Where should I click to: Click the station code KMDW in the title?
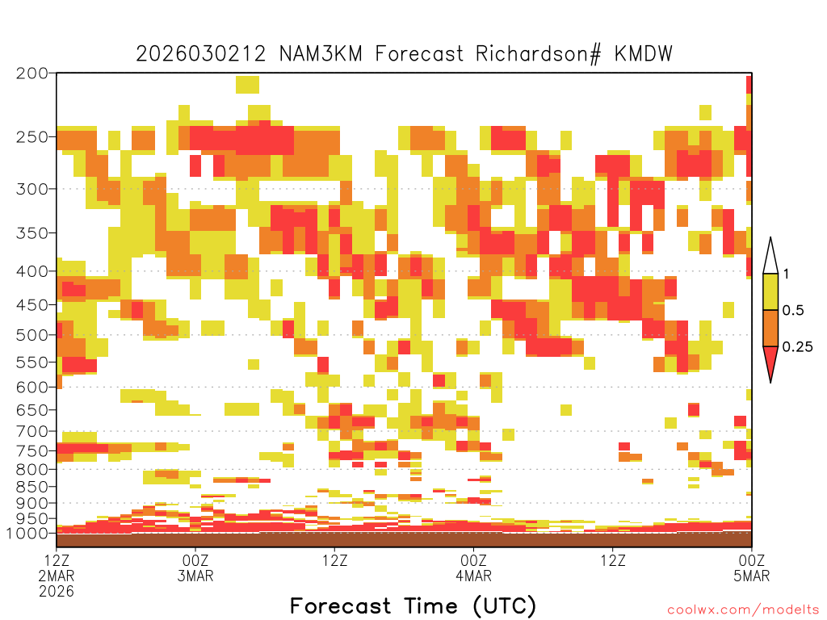(644, 54)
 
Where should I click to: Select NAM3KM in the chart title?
(321, 54)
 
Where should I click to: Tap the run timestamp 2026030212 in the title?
(201, 54)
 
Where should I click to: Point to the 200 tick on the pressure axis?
(31, 73)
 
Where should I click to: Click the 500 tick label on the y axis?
(31, 335)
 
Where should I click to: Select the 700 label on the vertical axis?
(31, 431)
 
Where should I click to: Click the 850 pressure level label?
(31, 487)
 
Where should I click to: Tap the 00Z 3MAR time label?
(195, 568)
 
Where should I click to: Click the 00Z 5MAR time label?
(752, 568)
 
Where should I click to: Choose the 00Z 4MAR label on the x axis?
(473, 568)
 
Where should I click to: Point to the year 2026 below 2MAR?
(57, 592)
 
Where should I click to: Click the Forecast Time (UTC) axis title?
(413, 606)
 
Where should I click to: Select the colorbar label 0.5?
(793, 311)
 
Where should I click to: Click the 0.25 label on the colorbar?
(797, 347)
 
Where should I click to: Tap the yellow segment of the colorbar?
(770, 291)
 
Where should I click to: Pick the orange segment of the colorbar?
(770, 328)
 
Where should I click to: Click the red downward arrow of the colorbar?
(770, 361)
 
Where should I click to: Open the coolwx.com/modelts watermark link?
(743, 610)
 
